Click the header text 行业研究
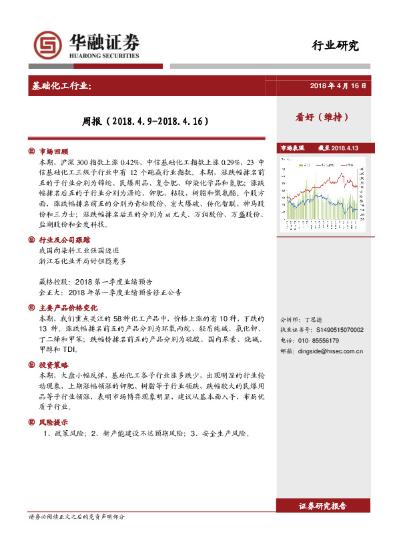click(336, 46)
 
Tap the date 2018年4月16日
click(338, 86)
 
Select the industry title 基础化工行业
click(67, 86)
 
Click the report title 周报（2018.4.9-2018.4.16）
click(145, 122)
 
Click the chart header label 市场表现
click(292, 148)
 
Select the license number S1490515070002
click(340, 329)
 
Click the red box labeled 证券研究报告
click(323, 506)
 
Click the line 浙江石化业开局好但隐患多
click(83, 260)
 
